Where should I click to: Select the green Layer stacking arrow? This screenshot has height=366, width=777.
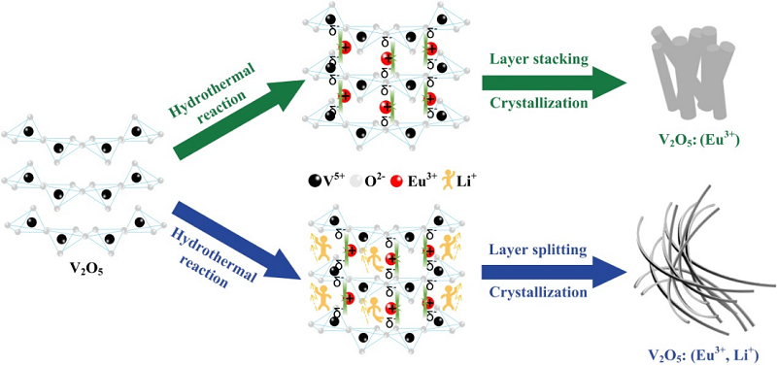(554, 82)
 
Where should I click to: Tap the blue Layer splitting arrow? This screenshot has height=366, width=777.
(554, 271)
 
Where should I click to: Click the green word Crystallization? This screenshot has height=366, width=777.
(540, 104)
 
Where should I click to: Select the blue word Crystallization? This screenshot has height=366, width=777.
(538, 292)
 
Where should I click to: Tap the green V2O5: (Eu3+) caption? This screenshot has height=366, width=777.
(699, 141)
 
